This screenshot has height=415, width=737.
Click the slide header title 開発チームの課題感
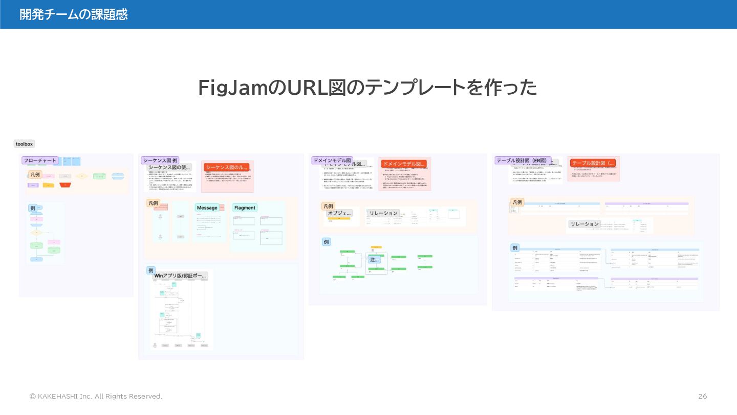73,14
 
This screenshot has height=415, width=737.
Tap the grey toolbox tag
24,144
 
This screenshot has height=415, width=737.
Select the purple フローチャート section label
40,160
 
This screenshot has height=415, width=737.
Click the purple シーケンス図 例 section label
160,160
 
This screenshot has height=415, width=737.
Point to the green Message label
207,208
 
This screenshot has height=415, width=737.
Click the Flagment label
244,208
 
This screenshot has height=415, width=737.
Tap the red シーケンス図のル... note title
226,168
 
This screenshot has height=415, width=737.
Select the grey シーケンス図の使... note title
169,167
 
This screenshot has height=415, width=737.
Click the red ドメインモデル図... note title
404,164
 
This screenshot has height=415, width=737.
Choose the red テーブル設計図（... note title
593,163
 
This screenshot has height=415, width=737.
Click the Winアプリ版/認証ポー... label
180,276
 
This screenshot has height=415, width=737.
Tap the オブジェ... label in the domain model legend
339,213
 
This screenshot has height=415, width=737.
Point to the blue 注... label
375,260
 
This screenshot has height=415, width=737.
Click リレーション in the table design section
584,224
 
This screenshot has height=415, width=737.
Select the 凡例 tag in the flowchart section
35,175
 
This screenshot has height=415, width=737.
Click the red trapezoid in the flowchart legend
65,185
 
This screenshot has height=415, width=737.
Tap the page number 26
703,397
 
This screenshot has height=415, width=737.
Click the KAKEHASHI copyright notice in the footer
96,397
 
